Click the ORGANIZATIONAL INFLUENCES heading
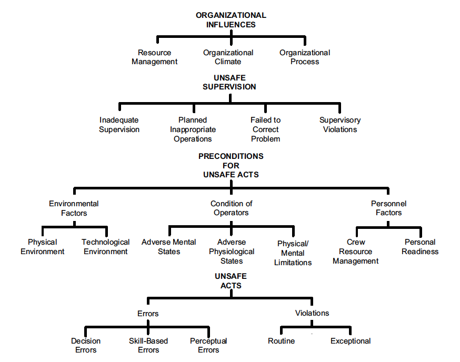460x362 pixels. coord(231,20)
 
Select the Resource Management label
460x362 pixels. coord(154,57)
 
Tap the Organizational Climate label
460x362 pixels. coord(228,57)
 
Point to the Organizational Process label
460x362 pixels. coord(305,57)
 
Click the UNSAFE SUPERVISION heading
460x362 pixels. coord(229,83)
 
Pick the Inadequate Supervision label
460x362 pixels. coord(119,125)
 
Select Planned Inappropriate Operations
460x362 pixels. coord(193,129)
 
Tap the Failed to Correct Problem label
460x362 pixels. coord(265,129)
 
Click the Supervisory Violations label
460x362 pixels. coord(340,125)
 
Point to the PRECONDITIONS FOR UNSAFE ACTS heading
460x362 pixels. coord(231,165)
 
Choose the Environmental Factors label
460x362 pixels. coord(74,208)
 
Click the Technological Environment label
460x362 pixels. coord(105,247)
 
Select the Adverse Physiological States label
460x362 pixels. coord(232,252)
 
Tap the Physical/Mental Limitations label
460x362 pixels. coord(293,253)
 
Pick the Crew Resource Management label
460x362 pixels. coord(356,252)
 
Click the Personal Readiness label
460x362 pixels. coord(420,247)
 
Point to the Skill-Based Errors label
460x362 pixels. coord(148,346)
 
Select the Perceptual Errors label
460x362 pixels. coord(208,346)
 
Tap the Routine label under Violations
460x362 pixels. coord(281,341)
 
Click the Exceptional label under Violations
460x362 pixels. coord(351,341)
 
